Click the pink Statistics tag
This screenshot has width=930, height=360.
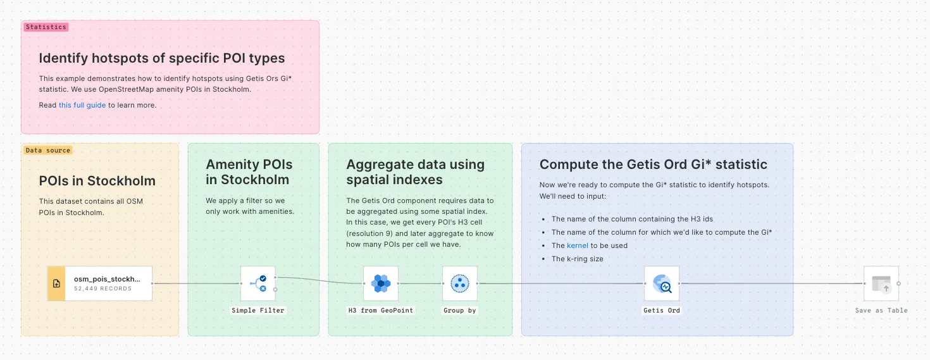(x=46, y=27)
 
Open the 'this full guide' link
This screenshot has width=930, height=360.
(x=82, y=105)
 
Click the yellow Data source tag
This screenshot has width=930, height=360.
(x=48, y=151)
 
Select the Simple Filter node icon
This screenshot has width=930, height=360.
(x=257, y=283)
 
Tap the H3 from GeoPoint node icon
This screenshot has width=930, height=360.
(x=381, y=283)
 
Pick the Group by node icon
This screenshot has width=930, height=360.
(x=459, y=283)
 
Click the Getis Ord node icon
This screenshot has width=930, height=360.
(x=661, y=283)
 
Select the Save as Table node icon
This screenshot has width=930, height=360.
(x=881, y=283)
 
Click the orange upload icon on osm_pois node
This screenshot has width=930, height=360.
(x=57, y=283)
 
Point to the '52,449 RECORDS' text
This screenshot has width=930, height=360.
(x=102, y=289)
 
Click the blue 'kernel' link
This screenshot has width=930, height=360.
(x=578, y=245)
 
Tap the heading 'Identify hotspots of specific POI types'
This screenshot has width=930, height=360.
(x=162, y=59)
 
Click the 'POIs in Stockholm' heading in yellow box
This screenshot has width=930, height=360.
(x=97, y=181)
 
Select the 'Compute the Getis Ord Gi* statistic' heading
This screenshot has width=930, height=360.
(x=653, y=164)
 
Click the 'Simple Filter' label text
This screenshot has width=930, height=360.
(x=258, y=311)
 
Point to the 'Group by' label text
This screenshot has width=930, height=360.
(x=459, y=311)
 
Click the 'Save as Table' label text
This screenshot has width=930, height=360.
(x=881, y=311)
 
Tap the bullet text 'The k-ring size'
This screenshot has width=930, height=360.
(x=577, y=259)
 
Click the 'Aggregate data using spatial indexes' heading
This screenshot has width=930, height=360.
(x=415, y=172)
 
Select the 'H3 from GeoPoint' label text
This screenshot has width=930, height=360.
(x=381, y=311)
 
